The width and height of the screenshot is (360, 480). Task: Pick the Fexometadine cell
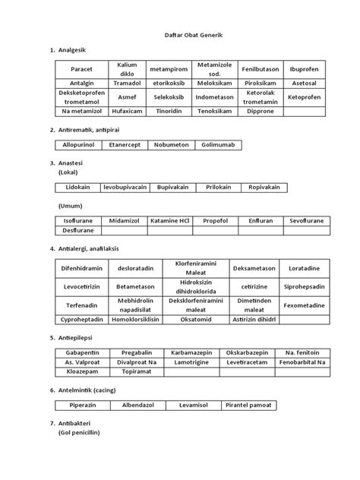coord(304,305)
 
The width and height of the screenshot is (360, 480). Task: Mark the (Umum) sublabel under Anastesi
coord(70,205)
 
